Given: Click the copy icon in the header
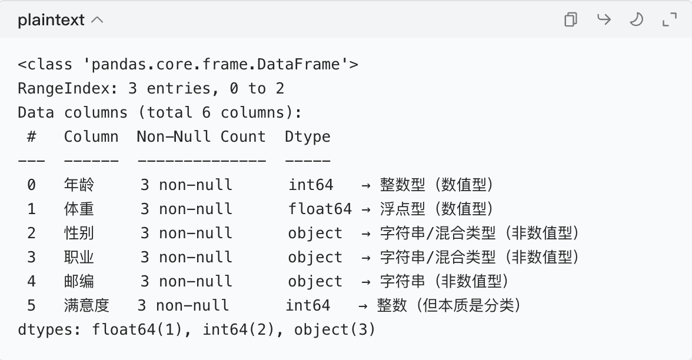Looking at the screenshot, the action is pyautogui.click(x=570, y=20).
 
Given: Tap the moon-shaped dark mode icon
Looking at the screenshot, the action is pyautogui.click(x=636, y=20).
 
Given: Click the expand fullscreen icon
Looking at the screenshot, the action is pyautogui.click(x=670, y=20).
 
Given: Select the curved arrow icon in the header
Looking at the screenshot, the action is pyautogui.click(x=604, y=20).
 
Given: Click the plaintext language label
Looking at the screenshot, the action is pyautogui.click(x=52, y=20).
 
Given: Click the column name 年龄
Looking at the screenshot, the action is pyautogui.click(x=79, y=185).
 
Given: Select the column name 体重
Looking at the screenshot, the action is pyautogui.click(x=79, y=209).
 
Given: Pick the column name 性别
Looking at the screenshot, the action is pyautogui.click(x=79, y=234).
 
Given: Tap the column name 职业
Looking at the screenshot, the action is pyautogui.click(x=79, y=258).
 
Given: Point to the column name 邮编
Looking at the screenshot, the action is pyautogui.click(x=79, y=282).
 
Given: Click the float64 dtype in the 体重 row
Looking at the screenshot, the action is pyautogui.click(x=320, y=209).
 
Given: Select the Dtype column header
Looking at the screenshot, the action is pyautogui.click(x=308, y=137).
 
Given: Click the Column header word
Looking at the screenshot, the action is pyautogui.click(x=91, y=137).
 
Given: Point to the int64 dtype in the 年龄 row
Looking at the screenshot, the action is pyautogui.click(x=311, y=185).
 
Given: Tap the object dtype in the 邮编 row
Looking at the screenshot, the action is pyautogui.click(x=315, y=282).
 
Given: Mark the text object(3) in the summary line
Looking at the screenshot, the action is pyautogui.click(x=334, y=330).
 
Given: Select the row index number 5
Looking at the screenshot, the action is pyautogui.click(x=31, y=306).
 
